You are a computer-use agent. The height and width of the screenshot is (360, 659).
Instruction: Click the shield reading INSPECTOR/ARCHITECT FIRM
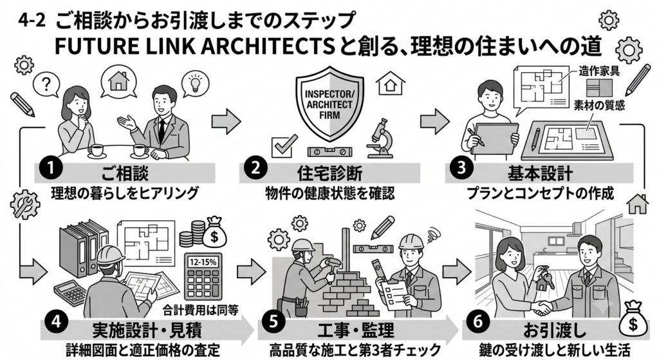coord(329,102)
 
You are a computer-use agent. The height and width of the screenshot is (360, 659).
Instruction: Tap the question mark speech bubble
coord(46,85)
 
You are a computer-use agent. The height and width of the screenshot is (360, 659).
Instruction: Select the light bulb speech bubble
coord(195,83)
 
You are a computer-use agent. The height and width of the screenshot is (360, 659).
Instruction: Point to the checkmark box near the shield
coord(284,146)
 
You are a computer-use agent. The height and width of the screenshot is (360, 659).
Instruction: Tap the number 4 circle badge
coord(56,322)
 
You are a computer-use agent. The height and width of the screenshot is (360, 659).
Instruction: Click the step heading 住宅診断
coord(329,173)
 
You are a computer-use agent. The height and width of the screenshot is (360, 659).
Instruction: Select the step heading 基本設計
coord(540,173)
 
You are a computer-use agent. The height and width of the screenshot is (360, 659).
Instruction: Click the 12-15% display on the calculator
coord(203,262)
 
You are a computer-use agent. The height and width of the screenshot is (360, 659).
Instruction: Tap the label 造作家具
coord(599,71)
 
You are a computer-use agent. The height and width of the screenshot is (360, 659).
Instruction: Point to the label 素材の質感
coord(599,105)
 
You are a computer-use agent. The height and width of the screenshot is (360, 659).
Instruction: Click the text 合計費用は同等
coord(201,310)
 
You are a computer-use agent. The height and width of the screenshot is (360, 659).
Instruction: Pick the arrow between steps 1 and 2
coord(226,121)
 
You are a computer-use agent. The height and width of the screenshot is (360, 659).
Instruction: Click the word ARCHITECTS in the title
coord(265,48)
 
